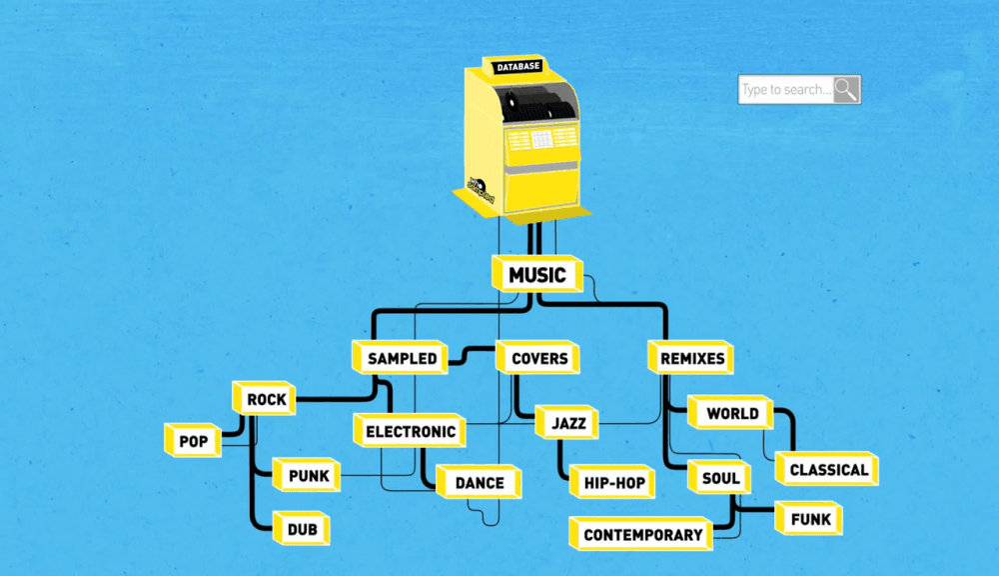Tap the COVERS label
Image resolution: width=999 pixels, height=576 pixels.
coord(539,358)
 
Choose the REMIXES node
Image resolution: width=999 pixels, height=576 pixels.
coord(692,358)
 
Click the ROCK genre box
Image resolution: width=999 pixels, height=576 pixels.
coord(267,400)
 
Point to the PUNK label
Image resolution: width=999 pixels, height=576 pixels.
coord(309,476)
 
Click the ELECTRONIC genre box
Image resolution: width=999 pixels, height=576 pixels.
coord(411,432)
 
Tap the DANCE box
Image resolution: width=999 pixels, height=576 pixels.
coord(480,483)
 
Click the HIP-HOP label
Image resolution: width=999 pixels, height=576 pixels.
coord(614,483)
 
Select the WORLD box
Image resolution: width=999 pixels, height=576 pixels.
coord(732,413)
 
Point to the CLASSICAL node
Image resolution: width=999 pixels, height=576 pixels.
coord(828,469)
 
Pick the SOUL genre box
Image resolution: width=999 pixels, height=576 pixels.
coord(720,478)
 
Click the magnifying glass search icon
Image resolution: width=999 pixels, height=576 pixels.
coord(846,90)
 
